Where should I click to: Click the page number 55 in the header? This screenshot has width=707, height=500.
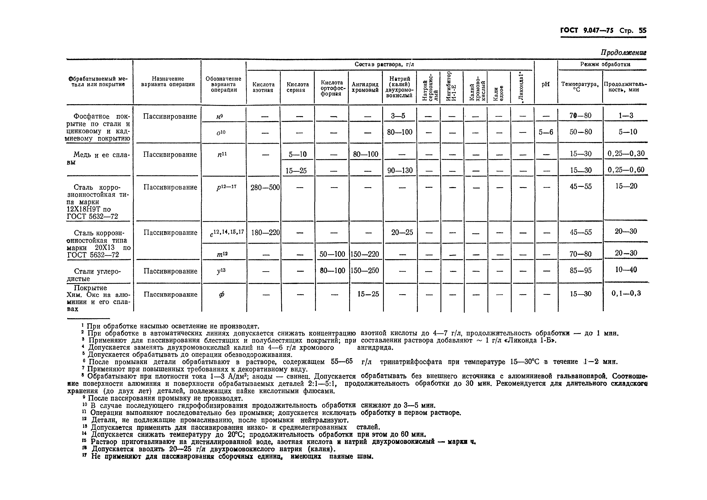click(642, 30)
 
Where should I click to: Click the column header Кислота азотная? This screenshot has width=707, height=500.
click(263, 87)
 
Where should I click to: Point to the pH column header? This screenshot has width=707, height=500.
click(545, 84)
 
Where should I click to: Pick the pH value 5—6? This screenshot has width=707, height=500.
click(546, 132)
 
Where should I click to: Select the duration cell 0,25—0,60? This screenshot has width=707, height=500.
click(626, 170)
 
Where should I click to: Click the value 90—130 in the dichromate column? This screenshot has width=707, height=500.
click(400, 170)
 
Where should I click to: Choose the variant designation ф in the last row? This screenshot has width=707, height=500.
click(221, 294)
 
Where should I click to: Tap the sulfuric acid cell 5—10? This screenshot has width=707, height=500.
click(298, 154)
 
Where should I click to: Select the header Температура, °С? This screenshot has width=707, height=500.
click(580, 86)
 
